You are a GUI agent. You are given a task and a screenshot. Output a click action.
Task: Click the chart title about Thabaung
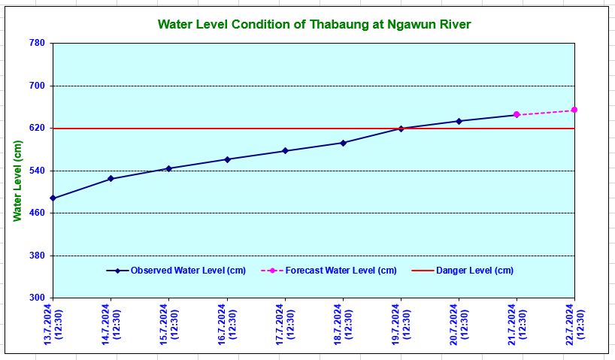pos(314,24)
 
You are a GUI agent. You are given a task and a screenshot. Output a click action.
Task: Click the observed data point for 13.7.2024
pos(53,198)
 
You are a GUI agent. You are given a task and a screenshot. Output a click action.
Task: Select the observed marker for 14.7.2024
pos(111,179)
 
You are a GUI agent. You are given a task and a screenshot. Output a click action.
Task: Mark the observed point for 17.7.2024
pos(285,151)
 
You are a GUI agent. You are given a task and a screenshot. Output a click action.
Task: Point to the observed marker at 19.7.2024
pos(401,129)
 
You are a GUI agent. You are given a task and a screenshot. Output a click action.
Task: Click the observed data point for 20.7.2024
pos(459,121)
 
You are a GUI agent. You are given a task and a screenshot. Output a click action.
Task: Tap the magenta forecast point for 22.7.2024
pos(574,110)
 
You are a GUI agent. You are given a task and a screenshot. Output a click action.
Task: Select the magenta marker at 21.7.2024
pos(517,115)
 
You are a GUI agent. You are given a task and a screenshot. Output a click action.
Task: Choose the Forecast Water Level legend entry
pos(334,271)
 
